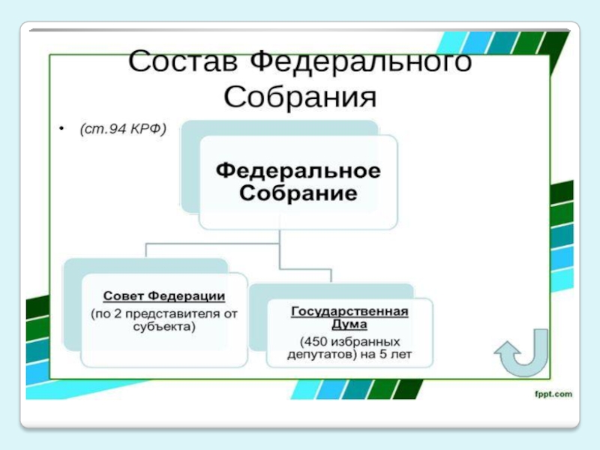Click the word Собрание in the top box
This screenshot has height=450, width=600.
[x=298, y=193]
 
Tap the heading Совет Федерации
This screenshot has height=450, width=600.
[x=164, y=297]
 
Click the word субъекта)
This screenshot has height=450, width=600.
[x=164, y=327]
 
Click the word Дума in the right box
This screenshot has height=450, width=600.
[x=349, y=324]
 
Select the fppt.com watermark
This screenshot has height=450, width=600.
[x=553, y=393]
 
